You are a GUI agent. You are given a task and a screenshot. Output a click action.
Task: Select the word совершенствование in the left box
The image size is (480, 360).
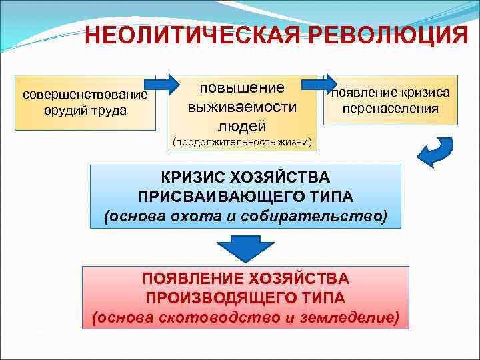(85, 94)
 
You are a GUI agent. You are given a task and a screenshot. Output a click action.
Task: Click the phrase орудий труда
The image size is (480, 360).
(85, 110)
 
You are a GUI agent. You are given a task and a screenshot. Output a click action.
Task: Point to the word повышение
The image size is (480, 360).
(241, 88)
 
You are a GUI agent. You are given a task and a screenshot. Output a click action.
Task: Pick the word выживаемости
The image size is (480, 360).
(241, 107)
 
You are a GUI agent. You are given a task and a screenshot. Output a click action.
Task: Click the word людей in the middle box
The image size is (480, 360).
(241, 125)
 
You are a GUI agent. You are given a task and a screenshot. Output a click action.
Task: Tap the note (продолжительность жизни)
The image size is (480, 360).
(241, 142)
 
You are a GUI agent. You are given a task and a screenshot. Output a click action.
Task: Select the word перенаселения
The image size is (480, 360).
(391, 108)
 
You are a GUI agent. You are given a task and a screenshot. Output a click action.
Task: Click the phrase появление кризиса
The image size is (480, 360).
(391, 92)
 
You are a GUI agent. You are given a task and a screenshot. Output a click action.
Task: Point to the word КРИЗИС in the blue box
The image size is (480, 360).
(193, 178)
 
